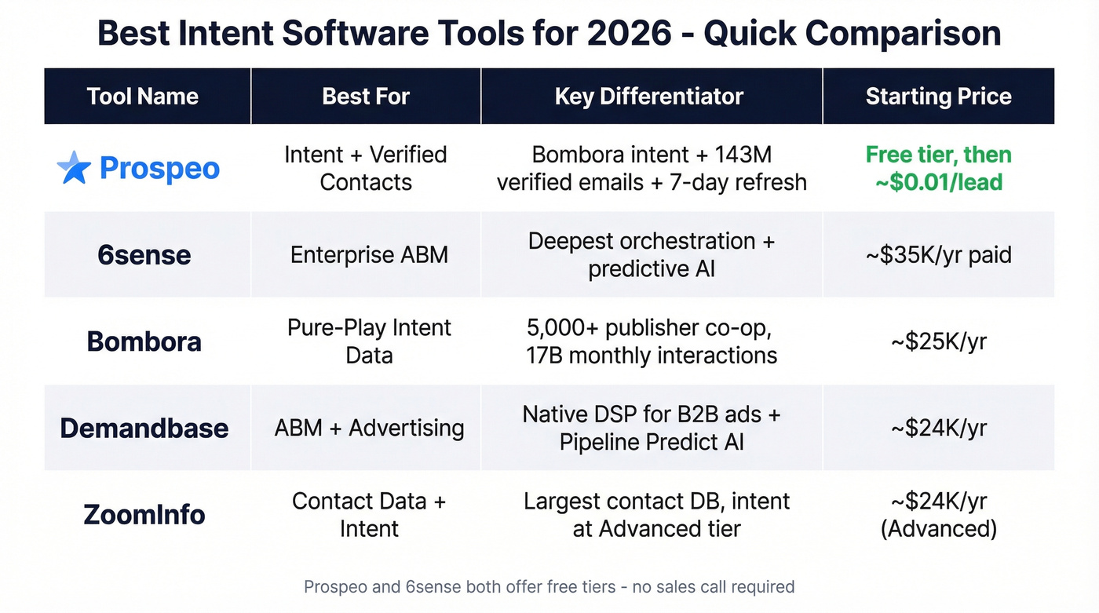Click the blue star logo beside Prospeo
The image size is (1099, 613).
coord(75,168)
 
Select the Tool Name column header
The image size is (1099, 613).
coord(143,97)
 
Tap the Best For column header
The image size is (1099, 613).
coord(366,97)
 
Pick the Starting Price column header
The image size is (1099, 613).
coord(938,97)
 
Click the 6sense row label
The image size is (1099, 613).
coord(144,255)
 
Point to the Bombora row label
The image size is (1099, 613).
coord(144,341)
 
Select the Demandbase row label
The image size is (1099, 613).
coord(144,428)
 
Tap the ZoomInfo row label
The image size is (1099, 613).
coord(144,515)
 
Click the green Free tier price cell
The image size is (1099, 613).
coord(938,168)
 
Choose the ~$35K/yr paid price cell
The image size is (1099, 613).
coord(938,255)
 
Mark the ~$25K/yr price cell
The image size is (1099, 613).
coord(938,341)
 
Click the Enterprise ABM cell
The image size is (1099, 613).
coord(369,255)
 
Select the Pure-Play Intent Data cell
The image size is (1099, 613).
coord(369,341)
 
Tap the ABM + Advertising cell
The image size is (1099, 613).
coord(369,428)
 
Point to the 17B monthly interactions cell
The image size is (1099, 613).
coord(651,341)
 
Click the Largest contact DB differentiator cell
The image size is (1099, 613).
coord(656,515)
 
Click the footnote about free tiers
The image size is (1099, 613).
coord(549,586)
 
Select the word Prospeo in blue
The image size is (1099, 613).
coord(159,169)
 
